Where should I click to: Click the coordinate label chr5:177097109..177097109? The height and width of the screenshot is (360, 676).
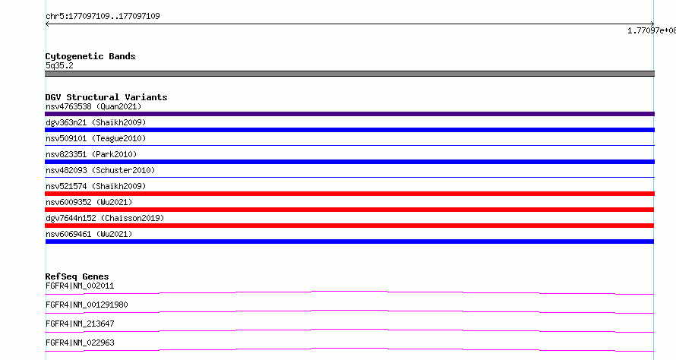103,17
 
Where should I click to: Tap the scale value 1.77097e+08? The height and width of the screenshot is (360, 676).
652,30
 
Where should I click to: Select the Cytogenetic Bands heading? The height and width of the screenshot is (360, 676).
90,56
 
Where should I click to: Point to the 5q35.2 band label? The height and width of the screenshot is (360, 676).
59,65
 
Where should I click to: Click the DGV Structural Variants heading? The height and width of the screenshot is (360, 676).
106,97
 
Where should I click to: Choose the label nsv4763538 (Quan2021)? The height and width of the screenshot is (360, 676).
93,106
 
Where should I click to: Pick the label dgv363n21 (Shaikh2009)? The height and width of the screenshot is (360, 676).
96,122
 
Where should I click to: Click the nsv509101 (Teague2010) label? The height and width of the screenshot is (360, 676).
96,138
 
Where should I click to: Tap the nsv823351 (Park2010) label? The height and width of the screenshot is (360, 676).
91,154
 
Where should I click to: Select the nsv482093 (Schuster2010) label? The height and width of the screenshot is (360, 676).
100,170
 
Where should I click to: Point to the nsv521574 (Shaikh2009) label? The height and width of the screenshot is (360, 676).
96,186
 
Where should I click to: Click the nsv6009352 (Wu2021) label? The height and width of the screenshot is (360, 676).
89,202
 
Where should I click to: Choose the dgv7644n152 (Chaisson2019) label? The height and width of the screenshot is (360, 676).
105,218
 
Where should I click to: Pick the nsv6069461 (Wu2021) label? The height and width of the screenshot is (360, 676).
89,234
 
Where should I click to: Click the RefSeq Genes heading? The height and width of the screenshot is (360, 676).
77,276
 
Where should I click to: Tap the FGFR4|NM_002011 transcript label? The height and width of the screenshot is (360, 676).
80,286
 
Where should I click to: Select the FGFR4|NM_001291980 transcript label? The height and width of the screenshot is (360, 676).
87,305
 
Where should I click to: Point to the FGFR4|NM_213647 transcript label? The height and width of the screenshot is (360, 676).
80,324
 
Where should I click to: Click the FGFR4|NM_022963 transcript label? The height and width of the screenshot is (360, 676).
80,343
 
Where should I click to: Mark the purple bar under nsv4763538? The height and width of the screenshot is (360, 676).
349,114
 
